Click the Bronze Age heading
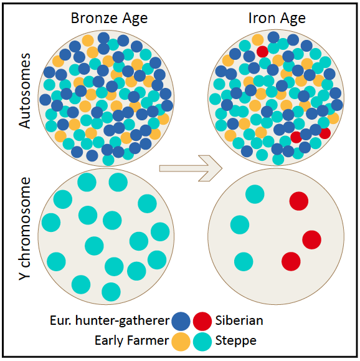[x=109, y=19]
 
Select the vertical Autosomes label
[x=25, y=91]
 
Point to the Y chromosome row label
[x=25, y=229]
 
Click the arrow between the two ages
[x=191, y=168]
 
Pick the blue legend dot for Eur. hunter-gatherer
[x=181, y=321]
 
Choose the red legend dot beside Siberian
[x=202, y=321]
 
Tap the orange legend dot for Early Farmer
[x=181, y=342]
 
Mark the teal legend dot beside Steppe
[x=202, y=342]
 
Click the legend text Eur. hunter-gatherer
[x=110, y=320]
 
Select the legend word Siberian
[x=239, y=320]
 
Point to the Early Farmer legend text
[x=132, y=340]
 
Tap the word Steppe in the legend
[x=236, y=341]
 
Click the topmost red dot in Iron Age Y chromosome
[x=299, y=201]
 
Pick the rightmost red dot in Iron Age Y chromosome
[x=311, y=239]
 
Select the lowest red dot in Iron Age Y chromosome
[x=291, y=261]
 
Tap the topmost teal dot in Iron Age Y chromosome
[x=255, y=194]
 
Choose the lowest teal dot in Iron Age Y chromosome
[x=244, y=261]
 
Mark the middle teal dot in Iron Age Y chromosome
[x=240, y=224]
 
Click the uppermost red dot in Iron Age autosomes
[x=262, y=52]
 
